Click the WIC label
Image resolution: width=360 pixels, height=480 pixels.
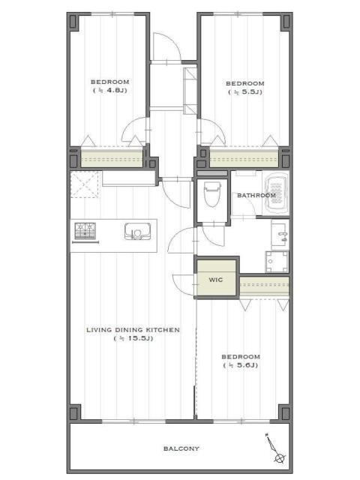(x=216, y=280)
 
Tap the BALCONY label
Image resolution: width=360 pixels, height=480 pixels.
(x=181, y=448)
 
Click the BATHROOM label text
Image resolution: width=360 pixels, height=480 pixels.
(x=256, y=195)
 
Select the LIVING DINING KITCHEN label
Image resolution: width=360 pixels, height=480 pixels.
(x=133, y=330)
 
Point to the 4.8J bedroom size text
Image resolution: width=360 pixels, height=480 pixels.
(x=110, y=91)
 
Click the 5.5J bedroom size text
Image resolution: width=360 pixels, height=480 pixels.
(x=245, y=92)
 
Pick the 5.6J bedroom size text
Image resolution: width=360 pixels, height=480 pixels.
(x=241, y=365)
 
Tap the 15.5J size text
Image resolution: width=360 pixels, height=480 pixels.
(x=133, y=338)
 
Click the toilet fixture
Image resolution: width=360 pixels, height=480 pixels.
(x=212, y=193)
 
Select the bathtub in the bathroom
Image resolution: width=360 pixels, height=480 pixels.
(x=277, y=194)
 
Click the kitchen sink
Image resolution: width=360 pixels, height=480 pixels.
(x=138, y=231)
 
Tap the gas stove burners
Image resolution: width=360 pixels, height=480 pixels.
(x=85, y=231)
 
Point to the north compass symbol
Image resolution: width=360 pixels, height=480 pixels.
(x=275, y=448)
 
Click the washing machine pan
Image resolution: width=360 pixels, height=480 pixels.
(x=277, y=262)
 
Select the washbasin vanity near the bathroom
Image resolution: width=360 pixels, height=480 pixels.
(x=280, y=235)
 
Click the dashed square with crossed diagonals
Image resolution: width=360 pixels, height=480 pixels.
(x=85, y=184)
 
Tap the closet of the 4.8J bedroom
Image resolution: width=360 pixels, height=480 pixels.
(x=112, y=157)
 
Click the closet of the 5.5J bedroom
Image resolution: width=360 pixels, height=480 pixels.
(x=244, y=157)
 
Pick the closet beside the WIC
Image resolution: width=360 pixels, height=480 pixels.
(x=264, y=286)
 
